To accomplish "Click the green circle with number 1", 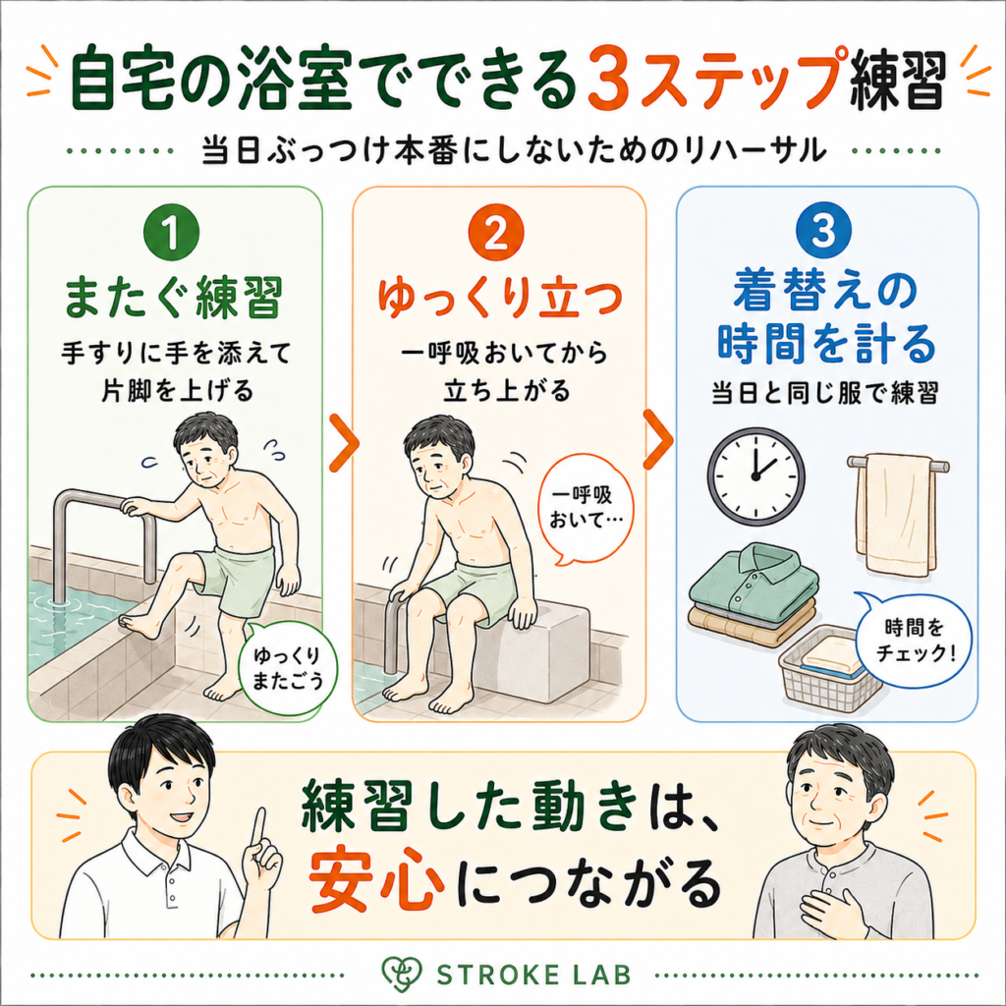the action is (171, 232).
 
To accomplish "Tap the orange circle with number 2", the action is (496, 232).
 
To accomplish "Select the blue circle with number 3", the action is (823, 230).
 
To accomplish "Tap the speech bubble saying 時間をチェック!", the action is (915, 642).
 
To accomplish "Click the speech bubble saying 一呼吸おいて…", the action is (583, 508).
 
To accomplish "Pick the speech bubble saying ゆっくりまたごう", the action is (286, 667).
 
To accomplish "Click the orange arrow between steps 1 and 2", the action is (344, 443).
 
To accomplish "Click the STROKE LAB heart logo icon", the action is (401, 974).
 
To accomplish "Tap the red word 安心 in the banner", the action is (377, 880).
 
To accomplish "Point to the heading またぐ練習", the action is (173, 298).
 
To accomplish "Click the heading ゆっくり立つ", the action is (499, 298).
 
